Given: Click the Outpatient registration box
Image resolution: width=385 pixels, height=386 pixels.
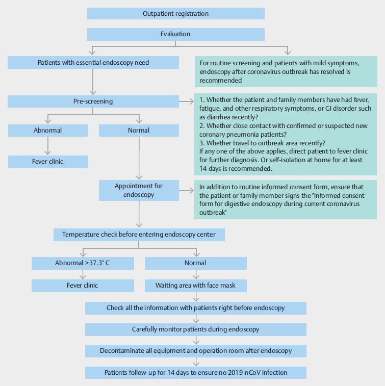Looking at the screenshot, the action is (176, 13).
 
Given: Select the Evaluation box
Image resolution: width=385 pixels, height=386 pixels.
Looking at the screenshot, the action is (176, 34).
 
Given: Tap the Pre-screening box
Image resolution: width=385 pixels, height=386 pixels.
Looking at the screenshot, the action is (93, 101).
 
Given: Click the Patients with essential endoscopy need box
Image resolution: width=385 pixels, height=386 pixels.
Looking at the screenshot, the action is (93, 63).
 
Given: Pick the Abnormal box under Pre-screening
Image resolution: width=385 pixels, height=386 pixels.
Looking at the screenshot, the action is (48, 131).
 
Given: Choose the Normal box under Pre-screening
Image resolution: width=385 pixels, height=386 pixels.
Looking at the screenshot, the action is (139, 131).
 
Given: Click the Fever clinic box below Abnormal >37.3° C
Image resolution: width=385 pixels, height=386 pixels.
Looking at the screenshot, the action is (83, 286).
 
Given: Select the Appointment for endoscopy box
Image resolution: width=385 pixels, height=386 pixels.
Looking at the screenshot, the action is (139, 190).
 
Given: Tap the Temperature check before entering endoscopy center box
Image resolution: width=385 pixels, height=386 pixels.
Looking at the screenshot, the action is (139, 235).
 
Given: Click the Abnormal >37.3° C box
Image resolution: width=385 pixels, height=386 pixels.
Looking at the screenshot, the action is (83, 263).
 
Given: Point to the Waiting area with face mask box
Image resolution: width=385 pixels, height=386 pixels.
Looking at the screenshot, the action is (196, 286).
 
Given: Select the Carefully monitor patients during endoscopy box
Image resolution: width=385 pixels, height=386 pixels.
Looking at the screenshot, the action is (196, 329).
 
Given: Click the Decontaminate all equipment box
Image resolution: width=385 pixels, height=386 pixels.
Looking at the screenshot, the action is (196, 351).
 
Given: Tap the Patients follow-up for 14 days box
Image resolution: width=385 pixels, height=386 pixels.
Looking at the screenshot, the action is (196, 372).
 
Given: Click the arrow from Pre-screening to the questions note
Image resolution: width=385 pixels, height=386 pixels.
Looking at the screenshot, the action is (186, 101).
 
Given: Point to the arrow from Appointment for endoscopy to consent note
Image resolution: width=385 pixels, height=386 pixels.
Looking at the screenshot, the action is (186, 190).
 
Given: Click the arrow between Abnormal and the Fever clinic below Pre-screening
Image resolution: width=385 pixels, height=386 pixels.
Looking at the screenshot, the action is (48, 146).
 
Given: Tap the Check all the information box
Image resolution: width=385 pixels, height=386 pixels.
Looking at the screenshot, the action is (196, 308).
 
